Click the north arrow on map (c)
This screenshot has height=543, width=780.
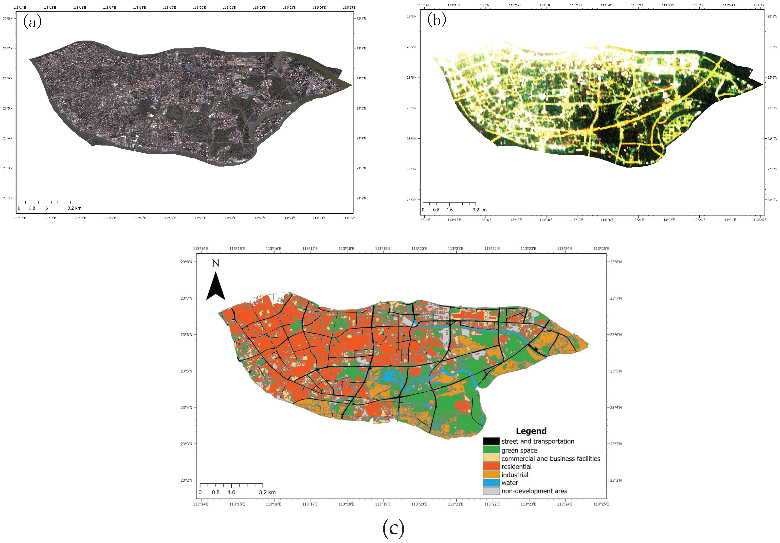tap(216, 287)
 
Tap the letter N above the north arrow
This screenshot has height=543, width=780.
tap(216, 263)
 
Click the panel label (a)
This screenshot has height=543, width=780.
tap(32, 22)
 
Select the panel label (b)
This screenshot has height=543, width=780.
tap(436, 20)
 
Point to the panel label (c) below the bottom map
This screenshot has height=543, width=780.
tap(393, 528)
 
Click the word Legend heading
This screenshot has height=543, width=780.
tap(531, 431)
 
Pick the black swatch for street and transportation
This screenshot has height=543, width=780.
tap(491, 441)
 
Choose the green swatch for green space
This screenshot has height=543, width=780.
tap(491, 449)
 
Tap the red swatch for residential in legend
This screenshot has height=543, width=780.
tap(491, 466)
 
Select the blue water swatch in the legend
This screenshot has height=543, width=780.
tap(491, 482)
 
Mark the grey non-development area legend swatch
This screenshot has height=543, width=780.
tap(491, 491)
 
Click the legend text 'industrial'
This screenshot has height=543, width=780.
tap(515, 475)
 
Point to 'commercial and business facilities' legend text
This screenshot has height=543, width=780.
tap(551, 458)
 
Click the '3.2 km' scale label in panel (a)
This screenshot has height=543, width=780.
tap(74, 208)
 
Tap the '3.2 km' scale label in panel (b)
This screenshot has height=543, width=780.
tap(479, 210)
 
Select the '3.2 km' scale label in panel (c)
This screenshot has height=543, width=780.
tap(267, 492)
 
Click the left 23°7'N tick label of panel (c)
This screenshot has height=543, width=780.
tap(186, 298)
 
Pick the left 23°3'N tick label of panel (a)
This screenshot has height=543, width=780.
tap(8, 168)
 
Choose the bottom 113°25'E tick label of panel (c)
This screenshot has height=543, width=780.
tap(601, 504)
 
